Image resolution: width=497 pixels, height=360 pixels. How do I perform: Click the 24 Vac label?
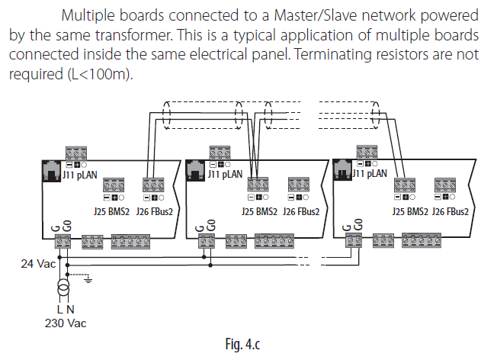[x=35, y=264]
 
